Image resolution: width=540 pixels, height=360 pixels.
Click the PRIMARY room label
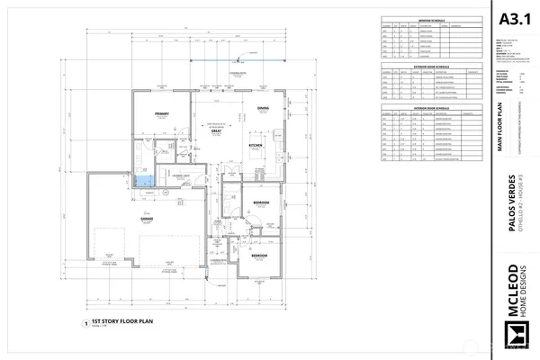162,114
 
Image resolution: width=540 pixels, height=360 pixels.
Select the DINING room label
263,109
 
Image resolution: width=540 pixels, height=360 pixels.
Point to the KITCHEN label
256,144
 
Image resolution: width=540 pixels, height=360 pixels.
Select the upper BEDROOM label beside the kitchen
262,202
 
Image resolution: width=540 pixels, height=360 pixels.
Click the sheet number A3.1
512,18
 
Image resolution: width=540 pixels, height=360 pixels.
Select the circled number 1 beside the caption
85,321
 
